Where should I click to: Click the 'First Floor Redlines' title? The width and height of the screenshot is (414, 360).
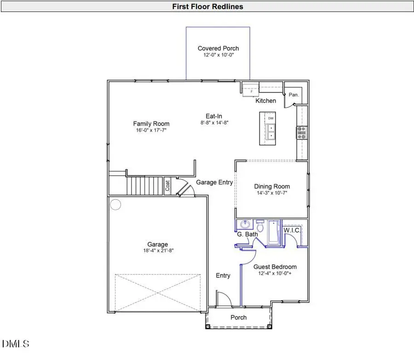pyautogui.click(x=207, y=6)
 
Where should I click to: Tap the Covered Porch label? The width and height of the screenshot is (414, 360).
pyautogui.click(x=218, y=48)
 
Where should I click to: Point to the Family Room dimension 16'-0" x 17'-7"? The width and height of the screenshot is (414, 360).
pyautogui.click(x=151, y=131)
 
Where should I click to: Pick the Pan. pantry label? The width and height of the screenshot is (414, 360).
pyautogui.click(x=293, y=95)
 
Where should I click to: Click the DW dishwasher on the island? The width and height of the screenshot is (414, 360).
pyautogui.click(x=271, y=119)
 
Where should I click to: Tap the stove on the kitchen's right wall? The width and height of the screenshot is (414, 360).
pyautogui.click(x=302, y=133)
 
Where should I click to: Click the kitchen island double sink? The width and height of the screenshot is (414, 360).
pyautogui.click(x=270, y=132)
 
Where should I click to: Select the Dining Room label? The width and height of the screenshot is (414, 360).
pyautogui.click(x=272, y=186)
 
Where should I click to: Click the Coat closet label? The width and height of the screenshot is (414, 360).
pyautogui.click(x=168, y=186)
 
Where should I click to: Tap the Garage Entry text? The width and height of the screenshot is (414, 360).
pyautogui.click(x=214, y=183)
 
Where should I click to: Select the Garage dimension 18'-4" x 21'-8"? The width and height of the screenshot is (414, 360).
pyautogui.click(x=157, y=251)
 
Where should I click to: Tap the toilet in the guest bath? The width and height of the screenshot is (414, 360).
pyautogui.click(x=260, y=226)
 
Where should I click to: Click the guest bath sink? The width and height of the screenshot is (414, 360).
pyautogui.click(x=245, y=225)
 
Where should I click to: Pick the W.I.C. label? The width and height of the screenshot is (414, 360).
pyautogui.click(x=292, y=230)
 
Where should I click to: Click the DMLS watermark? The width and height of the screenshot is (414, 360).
pyautogui.click(x=16, y=343)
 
